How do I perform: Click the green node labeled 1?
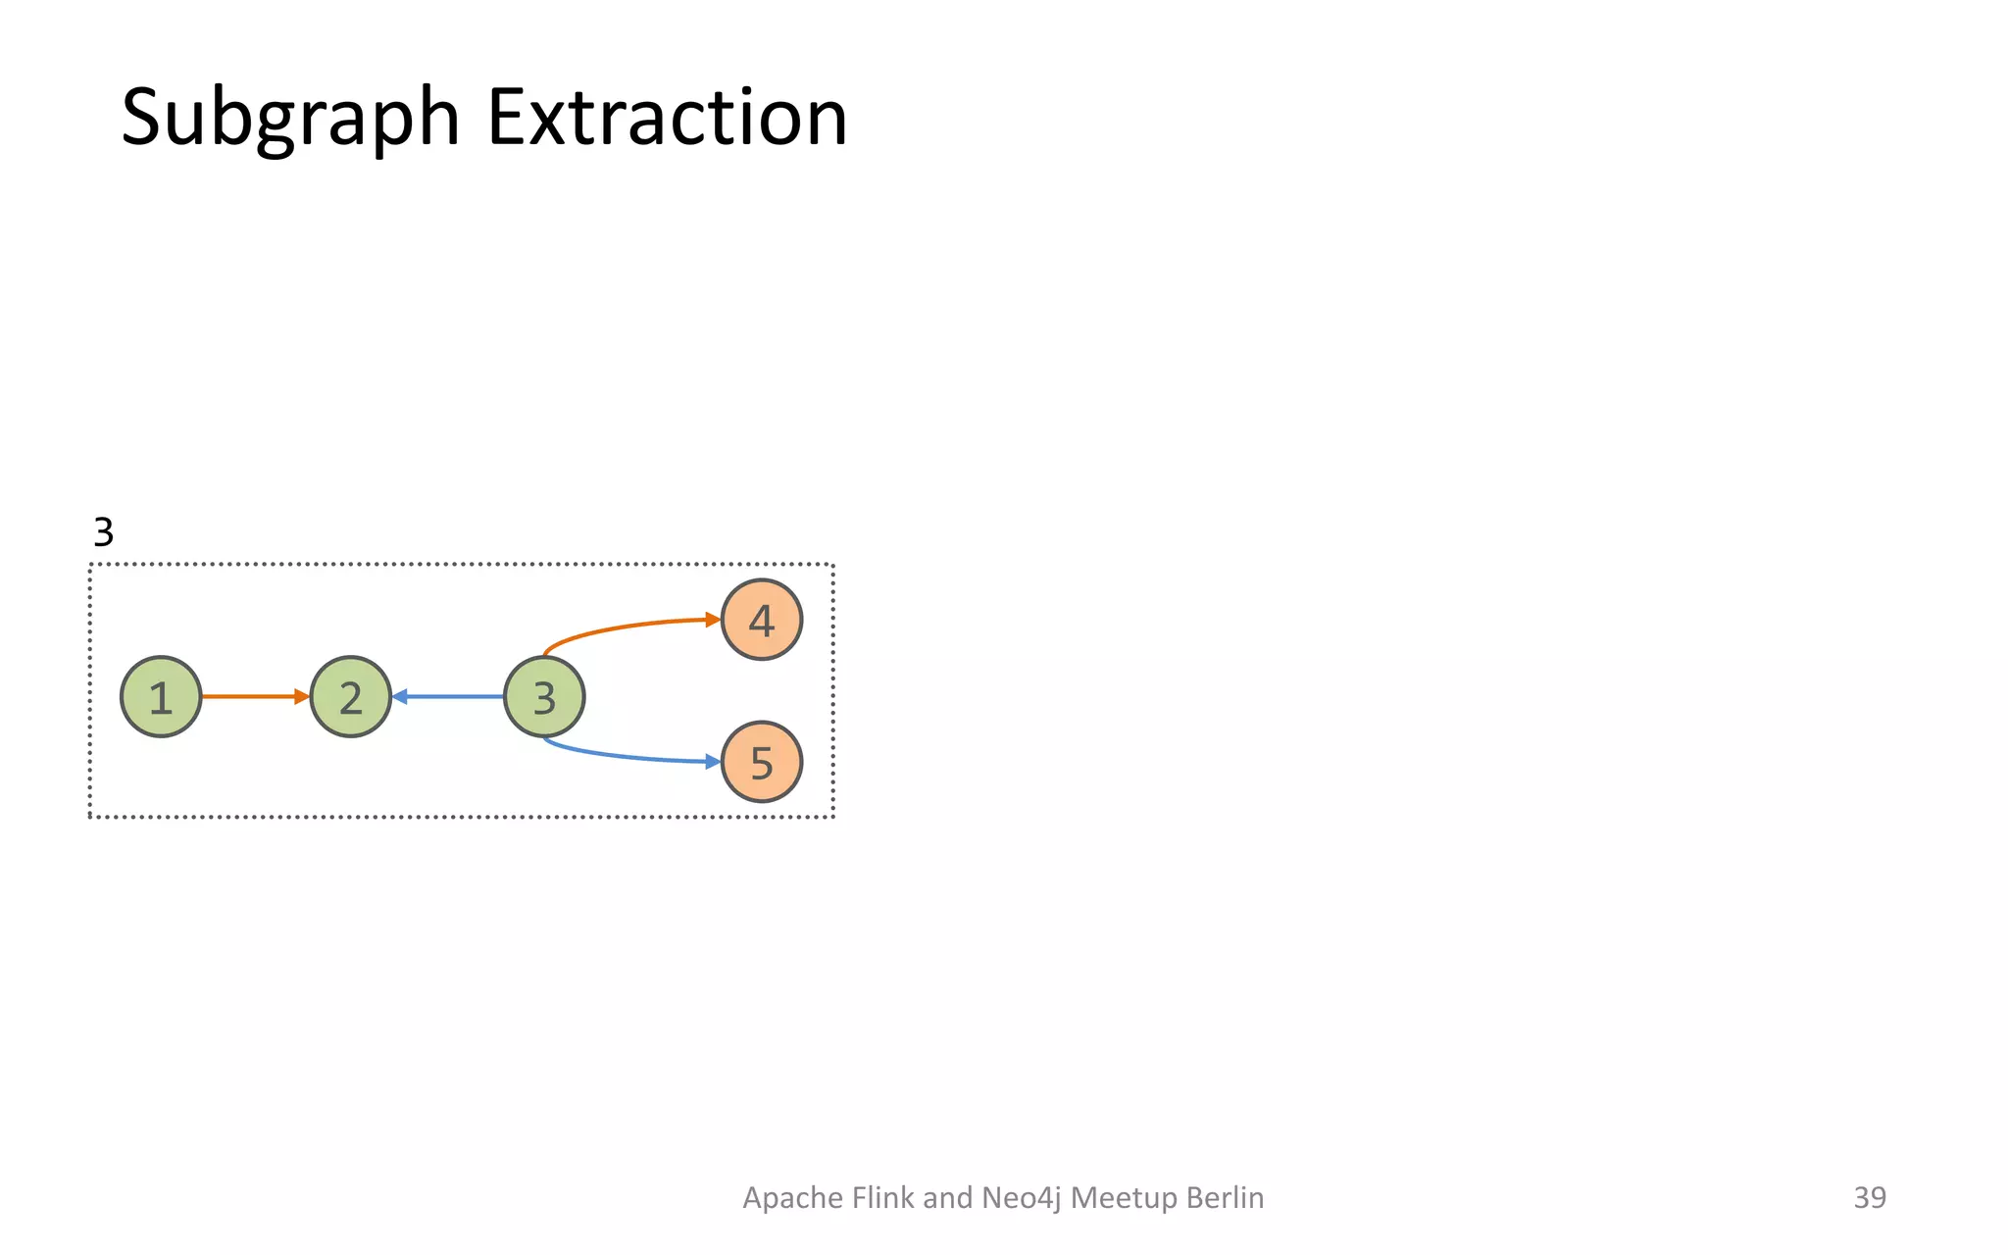[x=161, y=697]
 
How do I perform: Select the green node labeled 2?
[x=350, y=697]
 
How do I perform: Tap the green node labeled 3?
[x=544, y=697]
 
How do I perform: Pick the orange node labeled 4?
[x=762, y=620]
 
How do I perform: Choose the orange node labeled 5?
[x=762, y=762]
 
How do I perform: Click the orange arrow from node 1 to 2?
[x=253, y=697]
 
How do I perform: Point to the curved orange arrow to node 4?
[x=627, y=627]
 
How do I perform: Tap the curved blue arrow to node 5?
[x=627, y=755]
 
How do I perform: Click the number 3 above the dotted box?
[x=103, y=532]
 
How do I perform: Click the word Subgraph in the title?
[x=290, y=118]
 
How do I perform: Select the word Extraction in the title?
[x=667, y=118]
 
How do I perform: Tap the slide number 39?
[x=1869, y=1197]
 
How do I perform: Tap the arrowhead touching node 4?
[x=714, y=620]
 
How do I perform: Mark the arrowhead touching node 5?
[x=714, y=762]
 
